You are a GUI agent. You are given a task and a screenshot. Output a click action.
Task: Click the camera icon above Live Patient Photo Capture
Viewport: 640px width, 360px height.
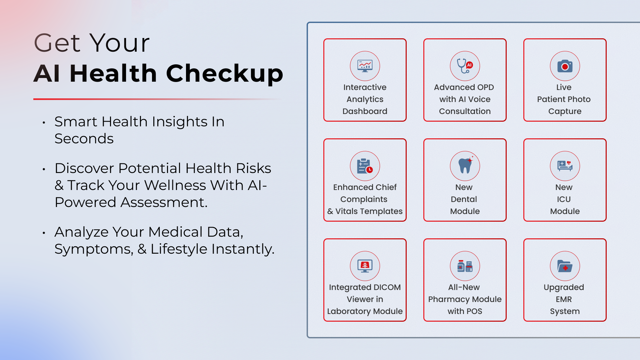pyautogui.click(x=565, y=66)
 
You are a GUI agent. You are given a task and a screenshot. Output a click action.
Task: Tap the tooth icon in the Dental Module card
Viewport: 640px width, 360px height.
pyautogui.click(x=465, y=166)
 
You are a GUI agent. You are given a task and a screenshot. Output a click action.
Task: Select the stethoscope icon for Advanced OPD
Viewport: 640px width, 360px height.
pyautogui.click(x=465, y=66)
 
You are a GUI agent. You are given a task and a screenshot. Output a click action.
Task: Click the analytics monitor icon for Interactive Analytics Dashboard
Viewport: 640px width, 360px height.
pyautogui.click(x=365, y=66)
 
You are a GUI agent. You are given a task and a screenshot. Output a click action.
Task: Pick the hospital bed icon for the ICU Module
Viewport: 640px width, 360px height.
pyautogui.click(x=565, y=166)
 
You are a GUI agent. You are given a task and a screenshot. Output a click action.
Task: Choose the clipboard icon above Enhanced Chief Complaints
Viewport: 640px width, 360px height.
pyautogui.click(x=365, y=166)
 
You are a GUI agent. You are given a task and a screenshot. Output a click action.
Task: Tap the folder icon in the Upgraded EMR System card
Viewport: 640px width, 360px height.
pyautogui.click(x=565, y=266)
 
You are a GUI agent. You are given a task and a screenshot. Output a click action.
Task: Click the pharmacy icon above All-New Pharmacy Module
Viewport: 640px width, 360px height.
pyautogui.click(x=465, y=266)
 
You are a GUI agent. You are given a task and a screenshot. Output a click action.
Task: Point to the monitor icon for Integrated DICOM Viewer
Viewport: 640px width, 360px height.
pyautogui.click(x=365, y=266)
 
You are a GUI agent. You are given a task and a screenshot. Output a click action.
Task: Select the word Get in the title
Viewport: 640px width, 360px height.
pyautogui.click(x=57, y=43)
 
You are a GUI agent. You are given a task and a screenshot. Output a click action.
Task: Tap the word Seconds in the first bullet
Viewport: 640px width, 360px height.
pyautogui.click(x=84, y=139)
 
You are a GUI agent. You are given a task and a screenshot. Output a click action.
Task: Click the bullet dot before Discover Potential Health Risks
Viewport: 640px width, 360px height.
pyautogui.click(x=44, y=169)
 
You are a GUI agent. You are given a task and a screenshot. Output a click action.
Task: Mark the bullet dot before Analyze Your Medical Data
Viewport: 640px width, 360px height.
pyautogui.click(x=44, y=233)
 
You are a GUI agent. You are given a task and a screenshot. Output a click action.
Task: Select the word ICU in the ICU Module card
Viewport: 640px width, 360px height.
pyautogui.click(x=564, y=199)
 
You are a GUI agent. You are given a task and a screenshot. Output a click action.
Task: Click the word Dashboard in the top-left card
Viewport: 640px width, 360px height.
pyautogui.click(x=365, y=111)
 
